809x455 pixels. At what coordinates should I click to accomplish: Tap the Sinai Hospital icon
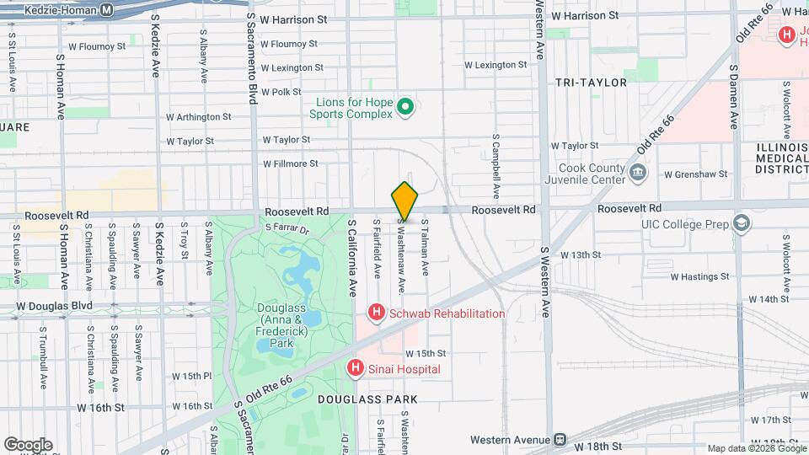356,368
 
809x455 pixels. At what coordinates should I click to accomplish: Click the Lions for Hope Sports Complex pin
404,107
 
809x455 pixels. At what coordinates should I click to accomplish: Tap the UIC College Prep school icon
741,223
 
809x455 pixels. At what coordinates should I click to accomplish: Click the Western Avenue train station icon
559,440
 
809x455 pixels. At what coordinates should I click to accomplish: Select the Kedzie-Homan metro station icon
106,9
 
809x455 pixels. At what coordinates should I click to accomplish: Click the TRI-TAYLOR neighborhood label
591,83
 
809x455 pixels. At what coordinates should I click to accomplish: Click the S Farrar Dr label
287,228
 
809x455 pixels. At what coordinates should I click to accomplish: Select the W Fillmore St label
290,163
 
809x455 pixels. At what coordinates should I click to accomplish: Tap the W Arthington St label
199,117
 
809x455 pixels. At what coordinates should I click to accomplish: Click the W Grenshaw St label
695,175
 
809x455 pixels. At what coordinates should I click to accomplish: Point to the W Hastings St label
699,276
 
